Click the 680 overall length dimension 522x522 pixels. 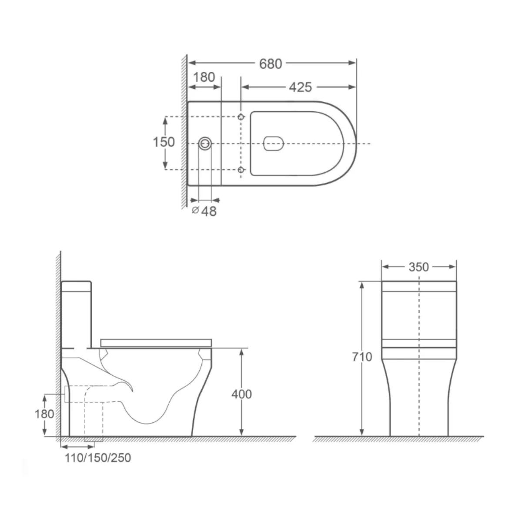[271, 64]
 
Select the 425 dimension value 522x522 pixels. [301, 87]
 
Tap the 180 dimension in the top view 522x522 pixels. [204, 77]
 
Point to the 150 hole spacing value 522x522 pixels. [164, 142]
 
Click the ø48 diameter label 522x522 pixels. [205, 211]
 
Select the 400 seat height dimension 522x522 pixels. [242, 394]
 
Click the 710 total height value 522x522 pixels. [362, 357]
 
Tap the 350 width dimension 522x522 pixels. [418, 267]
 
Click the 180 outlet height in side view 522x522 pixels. [44, 414]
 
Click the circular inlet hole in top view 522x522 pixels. [205, 143]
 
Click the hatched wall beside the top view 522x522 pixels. [184, 130]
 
